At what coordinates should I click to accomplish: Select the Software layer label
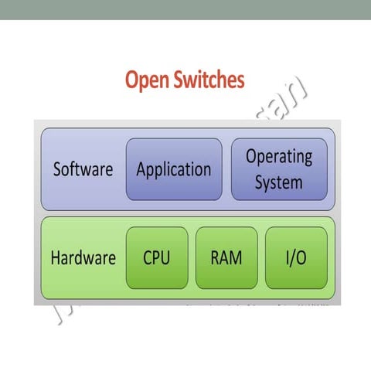click(x=83, y=169)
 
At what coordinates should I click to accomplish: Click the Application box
click(x=173, y=169)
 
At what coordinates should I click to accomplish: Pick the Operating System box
click(x=279, y=169)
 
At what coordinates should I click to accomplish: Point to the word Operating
click(x=279, y=157)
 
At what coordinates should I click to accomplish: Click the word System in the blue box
click(x=279, y=184)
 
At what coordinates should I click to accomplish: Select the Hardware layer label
click(x=83, y=257)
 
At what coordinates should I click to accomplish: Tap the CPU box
click(x=157, y=257)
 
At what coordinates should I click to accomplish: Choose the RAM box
click(x=226, y=257)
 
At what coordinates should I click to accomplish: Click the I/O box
click(x=296, y=257)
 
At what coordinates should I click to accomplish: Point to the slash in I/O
click(x=295, y=257)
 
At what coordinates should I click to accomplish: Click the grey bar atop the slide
click(x=185, y=9)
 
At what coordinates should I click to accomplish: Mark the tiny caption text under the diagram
click(x=255, y=305)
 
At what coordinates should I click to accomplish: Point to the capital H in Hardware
click(x=56, y=257)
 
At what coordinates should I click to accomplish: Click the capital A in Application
click(x=141, y=169)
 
